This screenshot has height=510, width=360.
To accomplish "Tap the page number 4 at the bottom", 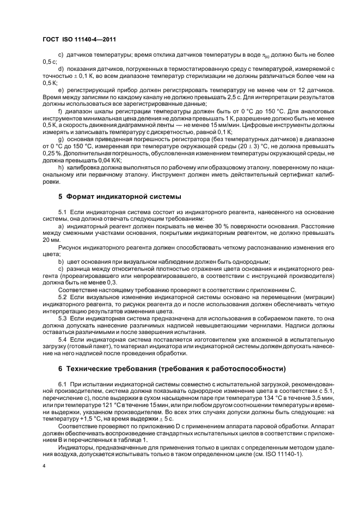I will click(x=44, y=466).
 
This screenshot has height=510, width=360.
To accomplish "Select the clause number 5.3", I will click(x=63, y=317).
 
